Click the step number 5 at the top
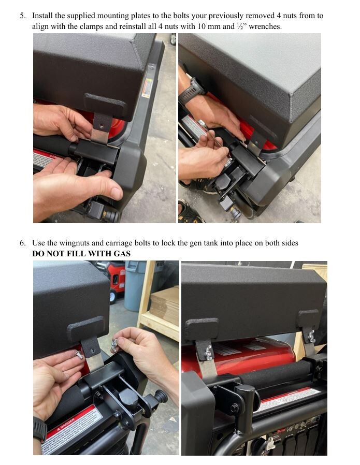(22, 16)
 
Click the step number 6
(22, 243)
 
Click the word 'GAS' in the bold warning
(120, 253)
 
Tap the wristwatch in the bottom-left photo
(40, 429)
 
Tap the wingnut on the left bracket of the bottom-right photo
(207, 354)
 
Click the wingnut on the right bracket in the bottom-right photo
(311, 338)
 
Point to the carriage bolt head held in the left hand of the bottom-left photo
(79, 355)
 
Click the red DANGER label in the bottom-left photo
(67, 430)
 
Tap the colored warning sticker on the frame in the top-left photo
(147, 88)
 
